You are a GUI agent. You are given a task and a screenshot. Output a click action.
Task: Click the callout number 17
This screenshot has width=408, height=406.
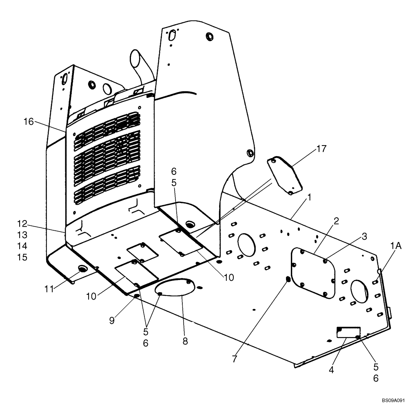(322, 149)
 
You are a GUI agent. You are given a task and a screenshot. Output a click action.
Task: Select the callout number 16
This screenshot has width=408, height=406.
(28, 121)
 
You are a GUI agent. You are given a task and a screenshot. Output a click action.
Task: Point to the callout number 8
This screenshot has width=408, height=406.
(185, 341)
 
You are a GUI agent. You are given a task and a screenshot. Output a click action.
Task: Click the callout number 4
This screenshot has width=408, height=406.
(331, 371)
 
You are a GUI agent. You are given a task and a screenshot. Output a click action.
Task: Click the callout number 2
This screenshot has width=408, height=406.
(336, 221)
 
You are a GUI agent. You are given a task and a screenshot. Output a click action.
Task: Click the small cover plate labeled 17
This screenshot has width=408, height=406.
(284, 174)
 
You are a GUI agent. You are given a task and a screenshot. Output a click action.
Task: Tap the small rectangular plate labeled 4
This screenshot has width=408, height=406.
(348, 332)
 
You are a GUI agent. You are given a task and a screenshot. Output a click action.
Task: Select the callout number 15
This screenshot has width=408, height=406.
(22, 257)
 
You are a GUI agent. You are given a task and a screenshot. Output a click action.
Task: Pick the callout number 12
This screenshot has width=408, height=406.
(22, 224)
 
